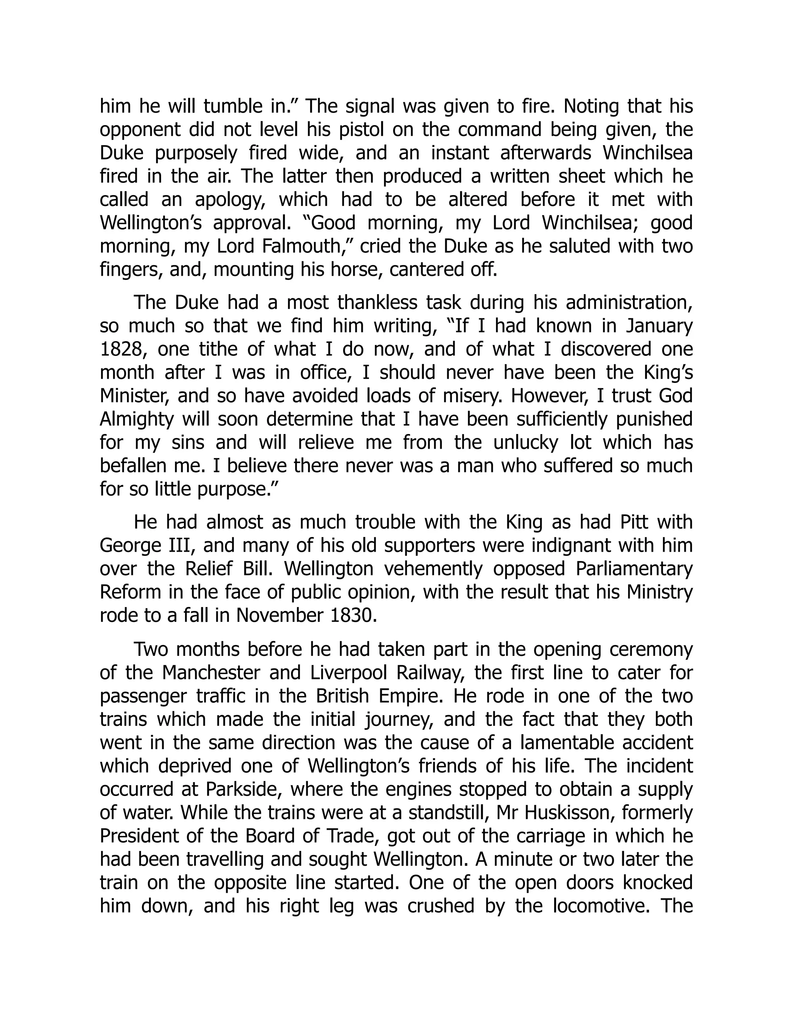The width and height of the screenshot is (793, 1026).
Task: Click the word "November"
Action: pos(276,616)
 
